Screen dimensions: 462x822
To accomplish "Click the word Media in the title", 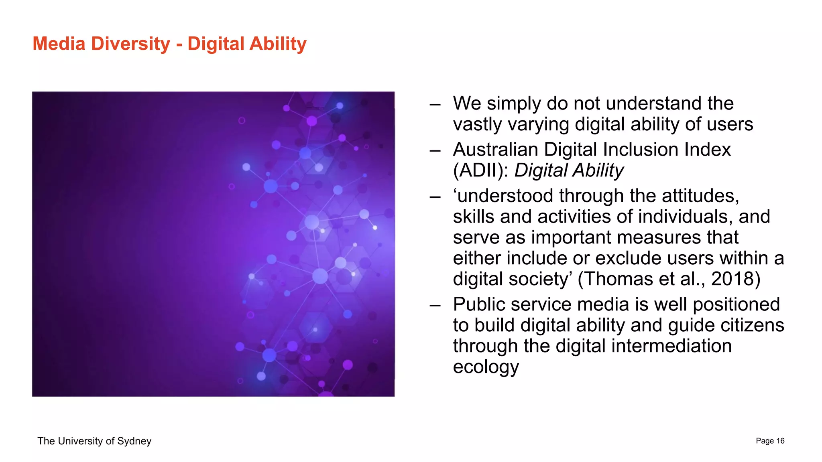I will click(59, 44).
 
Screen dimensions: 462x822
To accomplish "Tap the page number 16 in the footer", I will click(780, 441).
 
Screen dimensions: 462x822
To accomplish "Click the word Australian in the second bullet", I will click(495, 150).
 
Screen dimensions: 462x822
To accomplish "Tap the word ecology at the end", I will click(486, 367).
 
